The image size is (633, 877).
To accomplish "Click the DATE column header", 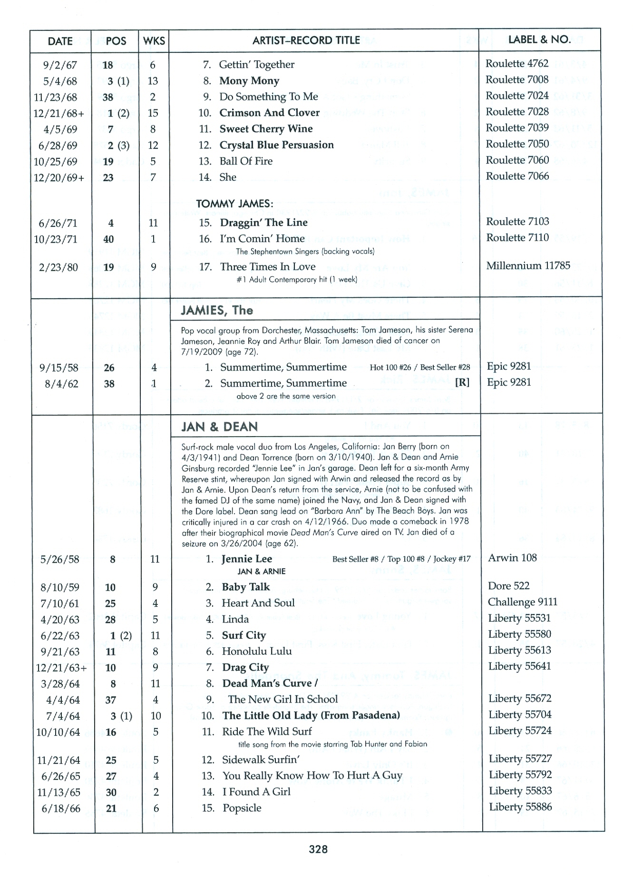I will (x=60, y=41).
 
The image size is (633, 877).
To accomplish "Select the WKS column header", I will (x=154, y=41).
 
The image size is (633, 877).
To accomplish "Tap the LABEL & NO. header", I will (x=539, y=40).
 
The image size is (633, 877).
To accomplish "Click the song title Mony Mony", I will (x=249, y=81).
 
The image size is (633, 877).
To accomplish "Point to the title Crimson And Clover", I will (x=269, y=113).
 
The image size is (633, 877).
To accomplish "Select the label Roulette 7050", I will (x=517, y=144).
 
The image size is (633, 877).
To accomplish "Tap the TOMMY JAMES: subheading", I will (x=234, y=204).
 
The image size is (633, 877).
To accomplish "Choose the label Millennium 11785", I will (x=528, y=266).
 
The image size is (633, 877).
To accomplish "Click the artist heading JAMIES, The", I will (x=217, y=311).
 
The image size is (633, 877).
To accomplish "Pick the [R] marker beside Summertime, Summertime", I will (x=462, y=383).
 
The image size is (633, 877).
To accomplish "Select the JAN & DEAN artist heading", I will (x=219, y=427).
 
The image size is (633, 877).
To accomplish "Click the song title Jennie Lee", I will (x=246, y=559).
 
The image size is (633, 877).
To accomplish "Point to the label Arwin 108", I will (x=512, y=558).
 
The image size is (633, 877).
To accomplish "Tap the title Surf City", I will (x=243, y=635).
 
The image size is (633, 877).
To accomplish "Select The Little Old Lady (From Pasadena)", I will (x=311, y=715).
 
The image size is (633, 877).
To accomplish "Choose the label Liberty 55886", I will (x=520, y=807).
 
